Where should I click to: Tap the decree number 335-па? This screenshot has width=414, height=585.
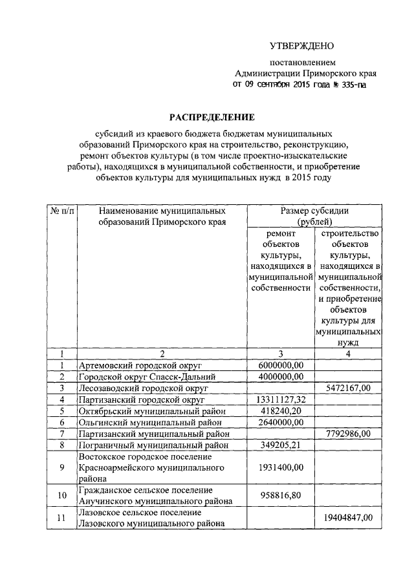tap(351, 85)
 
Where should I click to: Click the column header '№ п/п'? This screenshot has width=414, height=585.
tap(62, 211)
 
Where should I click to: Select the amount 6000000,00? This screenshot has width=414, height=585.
tap(281, 366)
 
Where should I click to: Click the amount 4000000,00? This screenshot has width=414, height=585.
tap(281, 377)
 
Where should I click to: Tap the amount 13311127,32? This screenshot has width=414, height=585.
tap(281, 399)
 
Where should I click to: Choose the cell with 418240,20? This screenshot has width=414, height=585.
tap(281, 410)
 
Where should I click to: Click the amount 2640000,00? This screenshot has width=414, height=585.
tap(281, 422)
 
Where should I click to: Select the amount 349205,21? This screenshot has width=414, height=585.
tap(281, 445)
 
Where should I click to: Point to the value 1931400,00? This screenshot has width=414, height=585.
tap(281, 467)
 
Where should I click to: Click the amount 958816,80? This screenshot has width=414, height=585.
tap(281, 496)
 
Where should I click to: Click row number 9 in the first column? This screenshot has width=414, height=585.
tap(62, 467)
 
